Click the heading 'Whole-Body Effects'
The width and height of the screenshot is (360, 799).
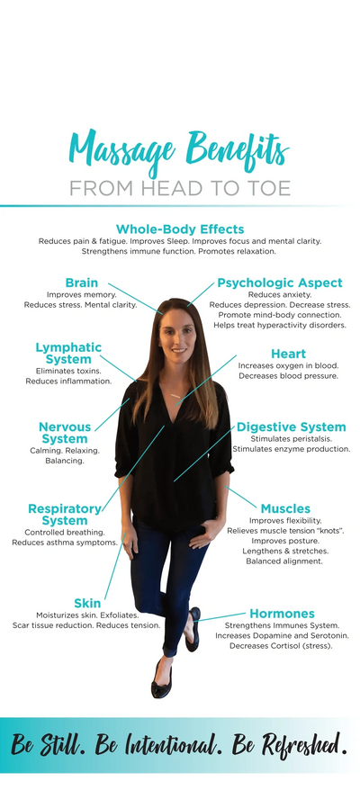[180, 229]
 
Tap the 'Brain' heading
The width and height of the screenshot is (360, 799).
[82, 283]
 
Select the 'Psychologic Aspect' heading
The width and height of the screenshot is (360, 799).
[280, 283]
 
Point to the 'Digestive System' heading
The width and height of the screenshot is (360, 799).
[292, 427]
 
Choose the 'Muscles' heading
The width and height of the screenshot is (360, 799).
[285, 508]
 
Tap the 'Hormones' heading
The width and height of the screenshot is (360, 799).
[282, 614]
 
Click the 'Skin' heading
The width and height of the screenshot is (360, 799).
[87, 604]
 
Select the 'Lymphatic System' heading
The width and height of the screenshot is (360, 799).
[68, 354]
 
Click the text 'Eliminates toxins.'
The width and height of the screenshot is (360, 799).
[68, 371]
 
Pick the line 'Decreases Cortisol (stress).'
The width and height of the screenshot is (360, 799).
[282, 646]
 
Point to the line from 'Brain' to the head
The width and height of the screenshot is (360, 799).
[135, 299]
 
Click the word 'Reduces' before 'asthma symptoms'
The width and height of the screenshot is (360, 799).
[27, 543]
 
